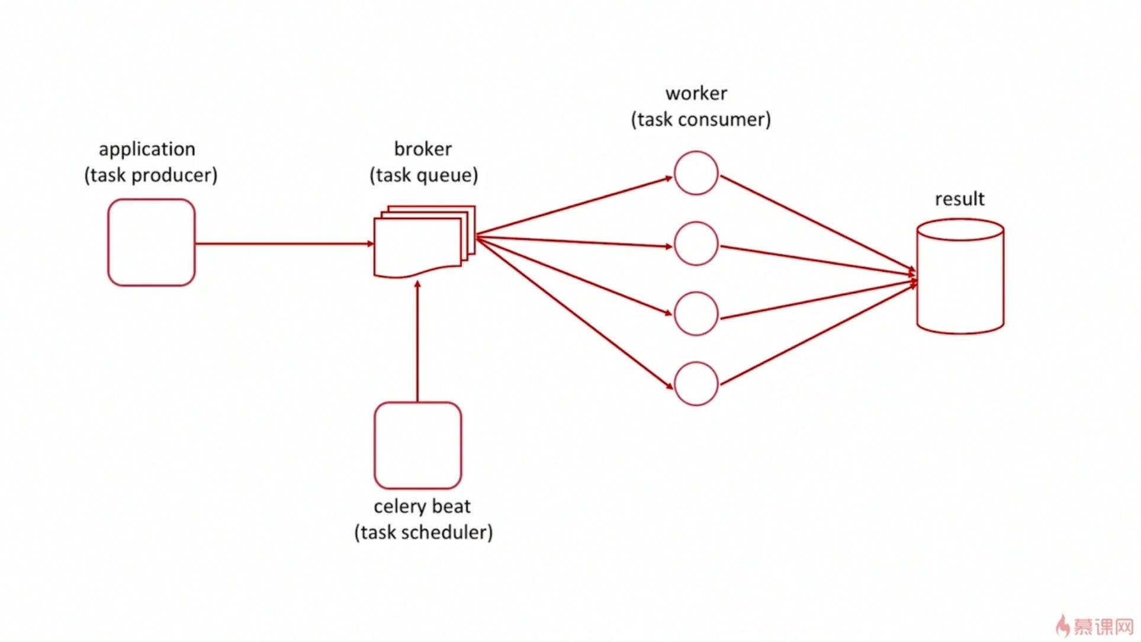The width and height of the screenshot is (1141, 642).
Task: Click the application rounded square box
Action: tap(152, 242)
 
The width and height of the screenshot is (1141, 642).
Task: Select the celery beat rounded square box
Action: tap(417, 445)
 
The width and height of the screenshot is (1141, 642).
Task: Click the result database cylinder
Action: tap(960, 277)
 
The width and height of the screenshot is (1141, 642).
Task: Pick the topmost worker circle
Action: tap(696, 173)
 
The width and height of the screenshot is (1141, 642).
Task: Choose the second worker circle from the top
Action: tap(696, 243)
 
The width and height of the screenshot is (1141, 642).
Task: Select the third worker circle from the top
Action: tap(696, 314)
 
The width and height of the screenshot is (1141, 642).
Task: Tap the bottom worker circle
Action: tap(696, 384)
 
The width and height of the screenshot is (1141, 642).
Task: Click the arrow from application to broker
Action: tap(284, 243)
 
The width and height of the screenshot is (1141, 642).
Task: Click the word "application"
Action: tap(147, 149)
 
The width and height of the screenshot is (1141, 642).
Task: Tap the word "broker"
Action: tap(423, 149)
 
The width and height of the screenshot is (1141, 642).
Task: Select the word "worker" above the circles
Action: tap(696, 94)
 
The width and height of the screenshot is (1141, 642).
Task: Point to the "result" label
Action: tap(959, 199)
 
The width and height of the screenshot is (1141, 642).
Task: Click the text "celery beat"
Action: tap(422, 506)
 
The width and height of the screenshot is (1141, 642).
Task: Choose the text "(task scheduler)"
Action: tap(423, 532)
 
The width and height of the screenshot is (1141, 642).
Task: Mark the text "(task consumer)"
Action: tap(701, 120)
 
